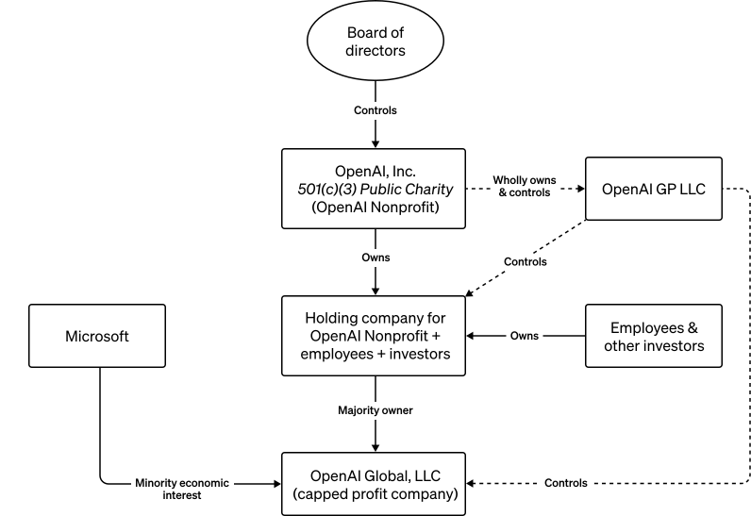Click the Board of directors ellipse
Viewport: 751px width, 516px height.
click(375, 42)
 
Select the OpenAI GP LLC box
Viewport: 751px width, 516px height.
click(653, 188)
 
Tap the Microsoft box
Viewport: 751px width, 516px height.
click(97, 335)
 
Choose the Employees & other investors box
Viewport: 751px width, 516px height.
click(653, 335)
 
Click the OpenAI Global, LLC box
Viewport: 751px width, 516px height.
click(375, 482)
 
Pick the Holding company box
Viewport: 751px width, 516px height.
click(375, 335)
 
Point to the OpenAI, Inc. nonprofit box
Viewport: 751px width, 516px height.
click(375, 188)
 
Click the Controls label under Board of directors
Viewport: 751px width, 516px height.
click(375, 110)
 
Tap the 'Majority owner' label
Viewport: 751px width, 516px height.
click(375, 410)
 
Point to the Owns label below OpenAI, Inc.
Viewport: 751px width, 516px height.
click(375, 257)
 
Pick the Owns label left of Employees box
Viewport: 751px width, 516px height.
click(525, 335)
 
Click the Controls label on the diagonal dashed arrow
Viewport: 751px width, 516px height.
click(525, 261)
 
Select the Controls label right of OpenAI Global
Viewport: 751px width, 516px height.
click(566, 483)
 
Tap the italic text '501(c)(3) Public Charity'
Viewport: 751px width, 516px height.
click(375, 188)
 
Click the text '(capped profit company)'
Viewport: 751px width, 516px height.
click(375, 492)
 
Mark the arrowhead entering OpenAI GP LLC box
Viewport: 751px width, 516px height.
click(579, 188)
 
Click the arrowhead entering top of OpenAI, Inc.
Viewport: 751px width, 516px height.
click(375, 143)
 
